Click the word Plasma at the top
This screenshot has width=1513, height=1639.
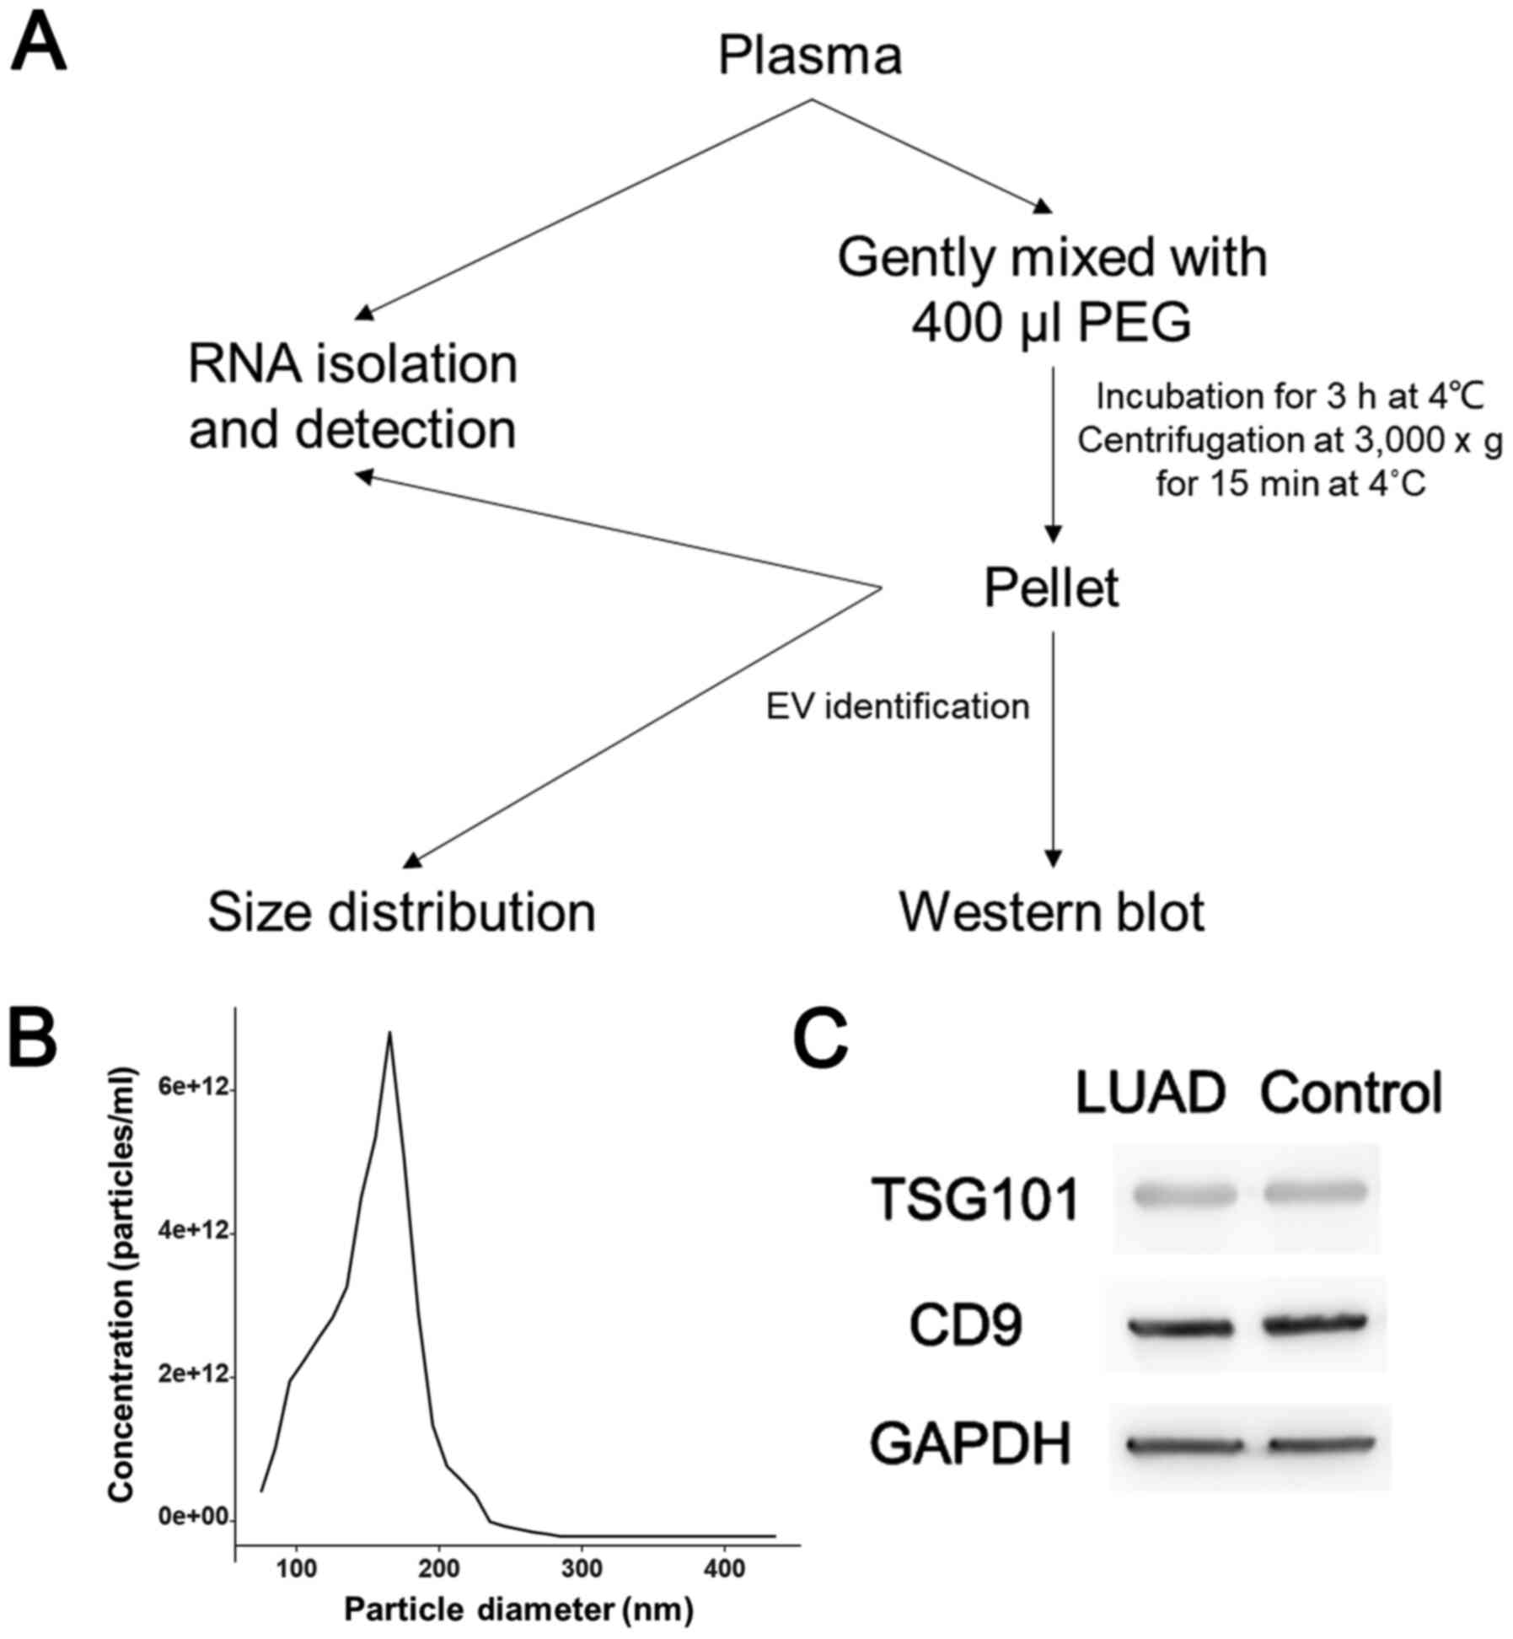point(809,56)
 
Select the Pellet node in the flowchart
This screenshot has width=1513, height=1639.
point(1051,588)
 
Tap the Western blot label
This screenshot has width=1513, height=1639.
point(1051,911)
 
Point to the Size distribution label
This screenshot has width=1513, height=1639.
point(401,911)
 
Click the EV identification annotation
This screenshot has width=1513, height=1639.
point(897,706)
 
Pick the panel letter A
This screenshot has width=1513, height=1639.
point(37,46)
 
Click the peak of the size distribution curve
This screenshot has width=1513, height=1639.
point(389,1033)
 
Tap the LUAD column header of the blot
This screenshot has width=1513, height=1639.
point(1150,1094)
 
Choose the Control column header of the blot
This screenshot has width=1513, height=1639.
point(1350,1094)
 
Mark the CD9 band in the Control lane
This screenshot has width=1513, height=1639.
point(1315,1323)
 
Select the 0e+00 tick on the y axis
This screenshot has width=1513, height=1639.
point(194,1518)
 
